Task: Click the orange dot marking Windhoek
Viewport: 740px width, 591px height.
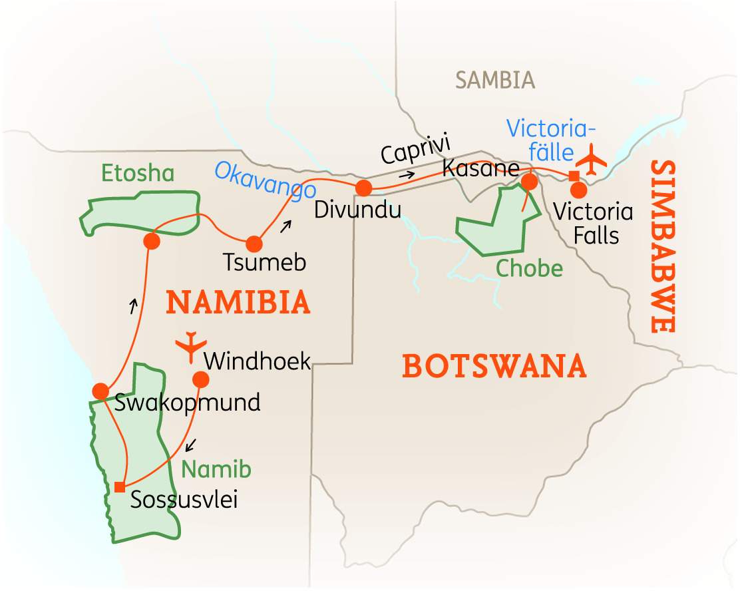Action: (200, 379)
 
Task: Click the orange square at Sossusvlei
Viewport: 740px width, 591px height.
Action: (119, 487)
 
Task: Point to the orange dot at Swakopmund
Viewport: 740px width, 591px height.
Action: (100, 391)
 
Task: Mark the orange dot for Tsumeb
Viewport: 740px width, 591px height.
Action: (254, 244)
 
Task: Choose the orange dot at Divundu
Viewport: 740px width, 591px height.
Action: (363, 188)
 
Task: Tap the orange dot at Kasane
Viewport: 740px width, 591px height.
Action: (529, 181)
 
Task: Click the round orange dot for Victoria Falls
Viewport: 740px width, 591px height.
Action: (579, 190)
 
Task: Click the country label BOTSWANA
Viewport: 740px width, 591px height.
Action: (494, 367)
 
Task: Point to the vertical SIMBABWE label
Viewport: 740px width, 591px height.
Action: (663, 246)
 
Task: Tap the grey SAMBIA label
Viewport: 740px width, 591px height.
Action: (495, 81)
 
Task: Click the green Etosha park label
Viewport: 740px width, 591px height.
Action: (138, 174)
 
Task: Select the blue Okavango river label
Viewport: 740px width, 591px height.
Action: (265, 180)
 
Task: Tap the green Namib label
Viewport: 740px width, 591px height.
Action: (217, 470)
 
